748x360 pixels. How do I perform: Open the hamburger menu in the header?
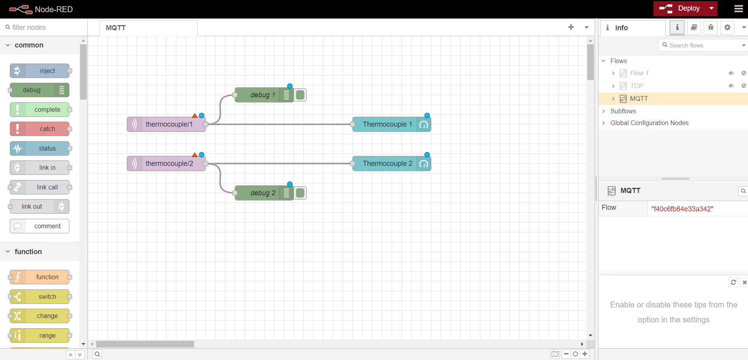(x=738, y=9)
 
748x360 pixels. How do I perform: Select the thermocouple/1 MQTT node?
(x=169, y=124)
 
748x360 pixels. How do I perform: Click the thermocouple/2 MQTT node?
(x=169, y=164)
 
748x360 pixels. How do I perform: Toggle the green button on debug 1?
(x=300, y=95)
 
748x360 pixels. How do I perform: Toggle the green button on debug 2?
(x=300, y=193)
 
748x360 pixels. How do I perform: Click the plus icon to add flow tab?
(x=571, y=27)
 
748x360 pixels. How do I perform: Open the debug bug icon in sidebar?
(x=711, y=27)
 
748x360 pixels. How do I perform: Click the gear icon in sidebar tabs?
(x=727, y=27)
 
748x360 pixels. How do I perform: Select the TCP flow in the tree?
(x=636, y=86)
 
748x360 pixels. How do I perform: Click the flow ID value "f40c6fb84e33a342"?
(x=682, y=209)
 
